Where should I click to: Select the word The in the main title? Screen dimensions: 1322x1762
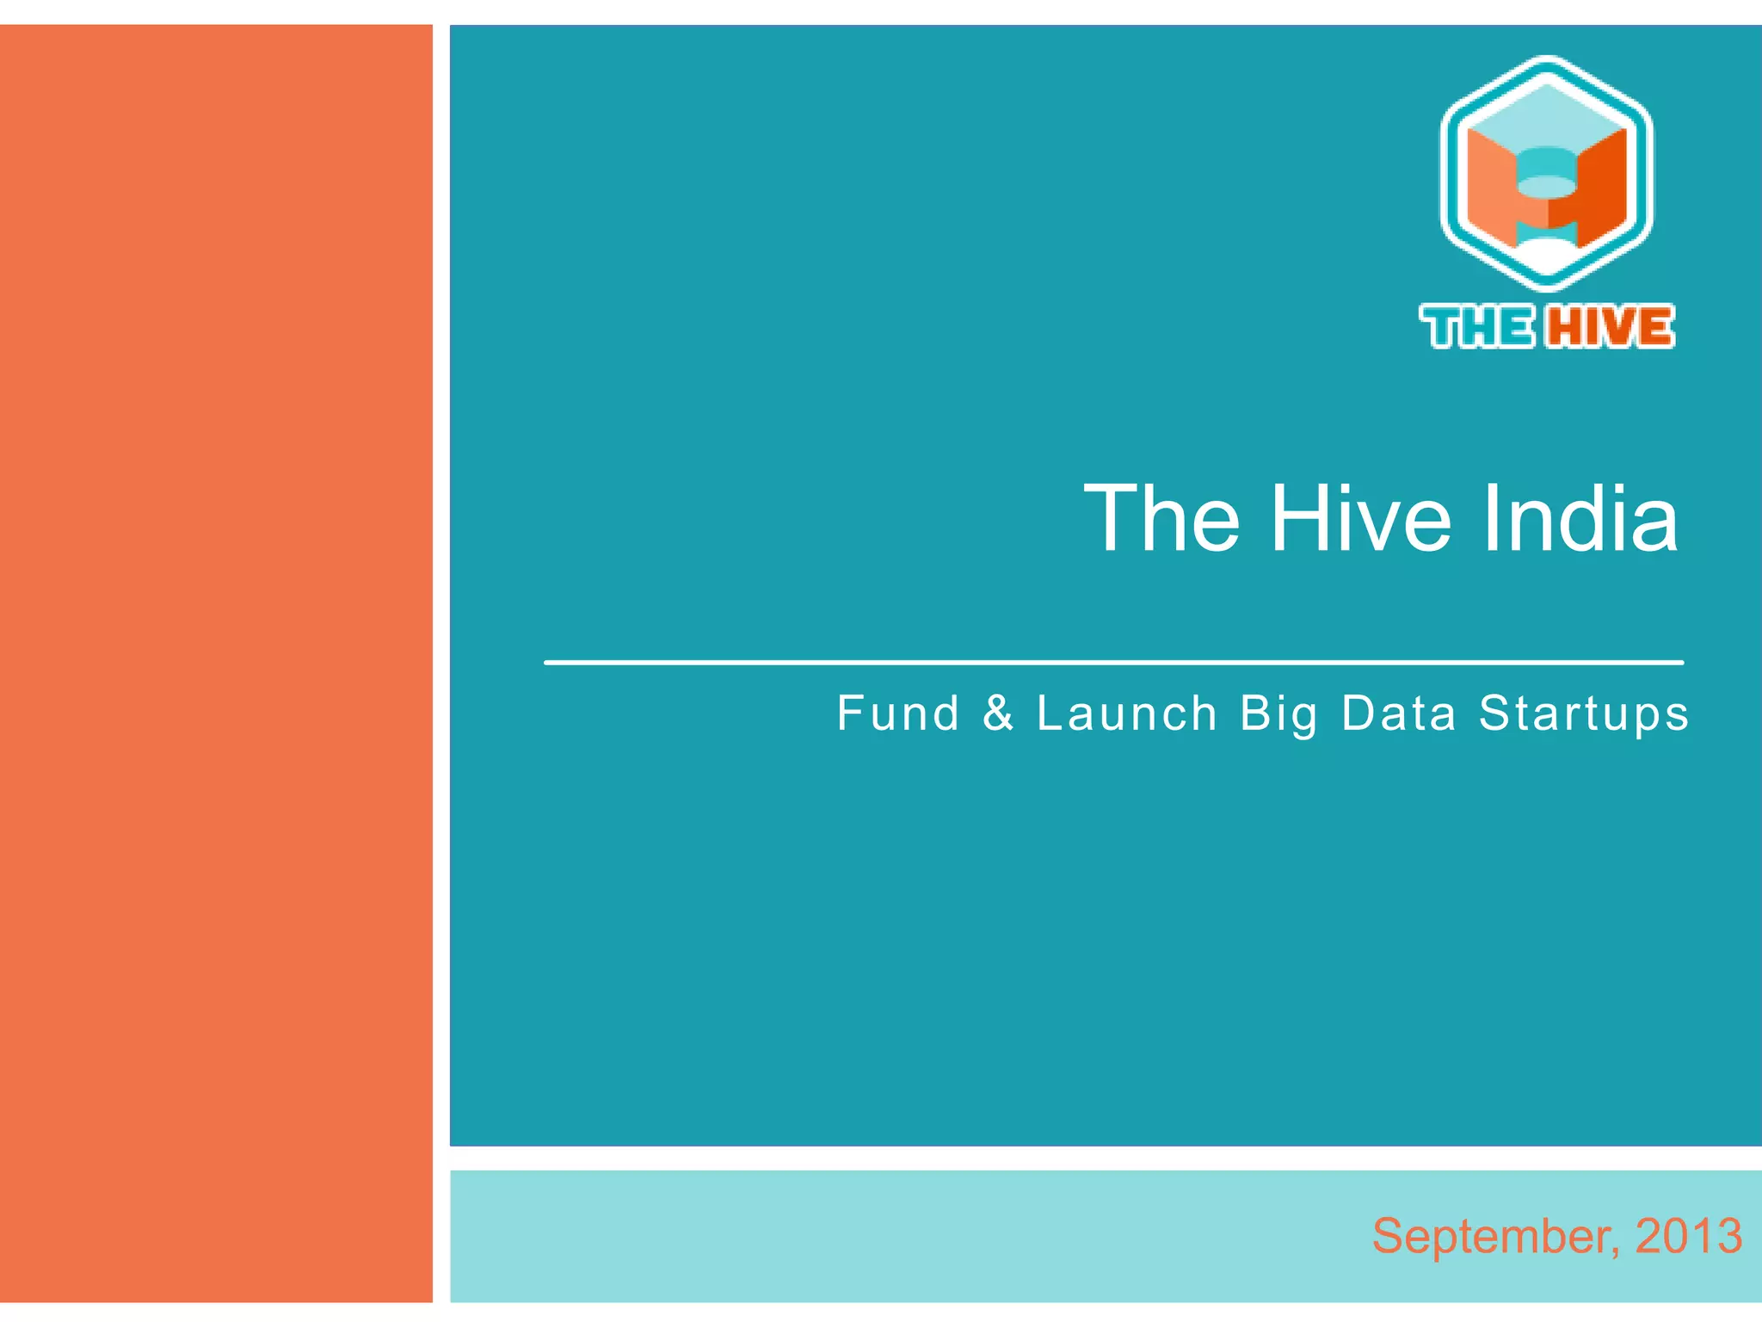[1161, 518]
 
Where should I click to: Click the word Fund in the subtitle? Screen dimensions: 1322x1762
[898, 714]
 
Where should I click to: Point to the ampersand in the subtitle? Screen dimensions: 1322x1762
[998, 714]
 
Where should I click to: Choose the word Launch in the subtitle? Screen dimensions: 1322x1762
[1127, 714]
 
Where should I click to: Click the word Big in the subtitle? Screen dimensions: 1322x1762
[1278, 715]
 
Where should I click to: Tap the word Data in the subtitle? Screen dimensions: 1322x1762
[1399, 714]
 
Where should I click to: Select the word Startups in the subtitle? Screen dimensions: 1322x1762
[1584, 715]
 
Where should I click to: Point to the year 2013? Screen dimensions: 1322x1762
[1688, 1236]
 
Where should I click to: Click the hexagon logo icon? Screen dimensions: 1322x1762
[1546, 172]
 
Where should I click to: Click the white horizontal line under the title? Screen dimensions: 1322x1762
[1113, 663]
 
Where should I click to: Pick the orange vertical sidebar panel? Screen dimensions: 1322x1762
[216, 663]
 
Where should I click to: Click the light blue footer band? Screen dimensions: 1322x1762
[946, 1236]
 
